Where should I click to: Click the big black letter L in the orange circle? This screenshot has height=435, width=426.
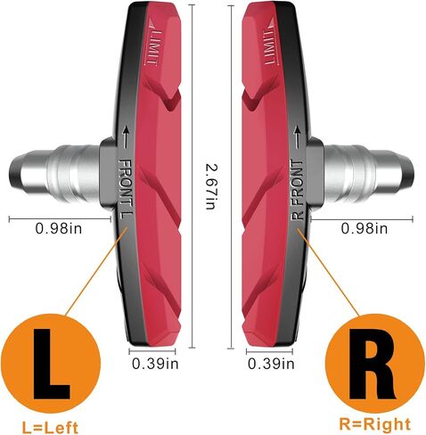51,364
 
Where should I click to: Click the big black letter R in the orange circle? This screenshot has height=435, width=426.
372,364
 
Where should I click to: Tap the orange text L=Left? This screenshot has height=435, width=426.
50,427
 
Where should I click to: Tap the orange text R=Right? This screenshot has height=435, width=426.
375,424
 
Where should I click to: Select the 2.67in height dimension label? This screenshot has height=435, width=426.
211,187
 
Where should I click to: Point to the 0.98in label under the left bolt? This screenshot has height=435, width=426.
59,229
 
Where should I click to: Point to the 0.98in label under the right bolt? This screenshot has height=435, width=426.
365,229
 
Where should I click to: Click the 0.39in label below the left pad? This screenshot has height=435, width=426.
155,364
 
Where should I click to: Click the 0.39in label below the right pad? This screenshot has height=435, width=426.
271,364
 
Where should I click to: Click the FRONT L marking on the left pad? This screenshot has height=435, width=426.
126,189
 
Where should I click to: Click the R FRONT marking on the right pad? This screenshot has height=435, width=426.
297,190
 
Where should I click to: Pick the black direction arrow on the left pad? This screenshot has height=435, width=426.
126,137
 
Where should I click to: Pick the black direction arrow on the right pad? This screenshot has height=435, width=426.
297,137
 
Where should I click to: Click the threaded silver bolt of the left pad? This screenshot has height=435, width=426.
55,173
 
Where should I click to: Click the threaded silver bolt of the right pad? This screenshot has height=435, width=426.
368,173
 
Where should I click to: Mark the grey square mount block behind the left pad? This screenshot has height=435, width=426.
108,174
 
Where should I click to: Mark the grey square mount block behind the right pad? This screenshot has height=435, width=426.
315,174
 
